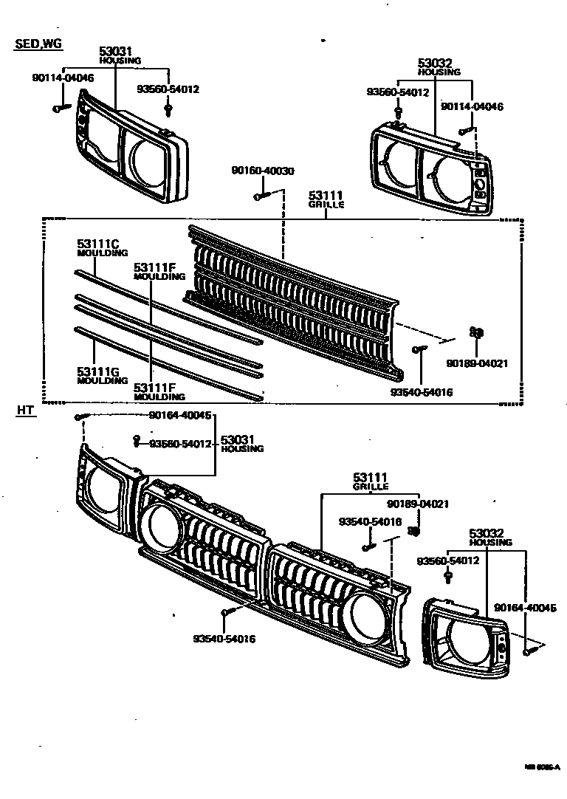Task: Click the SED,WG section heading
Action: click(38, 44)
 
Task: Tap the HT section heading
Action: click(26, 411)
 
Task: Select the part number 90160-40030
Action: click(262, 171)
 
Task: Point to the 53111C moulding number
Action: click(98, 242)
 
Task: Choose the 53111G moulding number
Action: click(98, 371)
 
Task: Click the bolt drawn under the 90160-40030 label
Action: click(261, 196)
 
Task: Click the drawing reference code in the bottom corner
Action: click(542, 767)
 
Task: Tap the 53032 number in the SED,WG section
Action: click(433, 64)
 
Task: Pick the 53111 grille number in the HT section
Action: click(370, 479)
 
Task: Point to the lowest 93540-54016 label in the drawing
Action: click(224, 639)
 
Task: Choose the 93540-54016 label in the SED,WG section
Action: click(422, 392)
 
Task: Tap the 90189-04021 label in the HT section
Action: click(418, 504)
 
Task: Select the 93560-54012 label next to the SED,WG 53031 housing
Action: click(168, 89)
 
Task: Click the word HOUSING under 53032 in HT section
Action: click(490, 543)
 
